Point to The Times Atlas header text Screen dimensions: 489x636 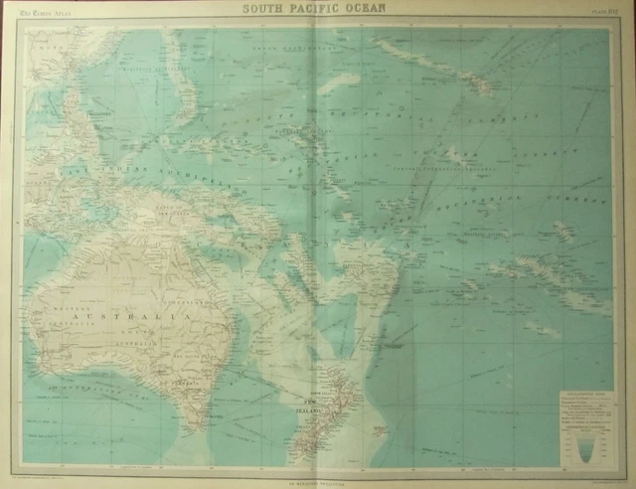click(52, 13)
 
